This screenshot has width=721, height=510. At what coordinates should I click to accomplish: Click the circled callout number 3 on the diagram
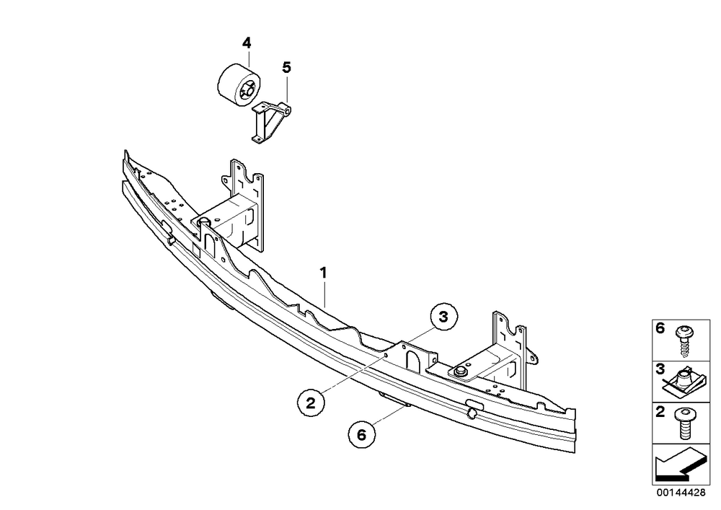(x=443, y=317)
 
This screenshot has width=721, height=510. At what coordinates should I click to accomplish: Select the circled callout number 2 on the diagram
(x=311, y=403)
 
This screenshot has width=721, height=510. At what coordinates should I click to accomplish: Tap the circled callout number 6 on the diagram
(x=361, y=434)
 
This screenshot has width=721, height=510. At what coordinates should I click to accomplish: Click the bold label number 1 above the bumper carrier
(x=324, y=273)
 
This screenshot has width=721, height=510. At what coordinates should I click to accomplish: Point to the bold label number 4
(x=247, y=43)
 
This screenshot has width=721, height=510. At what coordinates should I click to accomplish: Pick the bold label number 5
(x=286, y=68)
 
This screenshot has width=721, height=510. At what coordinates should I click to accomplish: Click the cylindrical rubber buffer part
(x=239, y=86)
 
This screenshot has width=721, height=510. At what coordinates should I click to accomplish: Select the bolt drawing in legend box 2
(x=685, y=423)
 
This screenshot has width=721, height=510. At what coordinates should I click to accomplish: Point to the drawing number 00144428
(x=681, y=493)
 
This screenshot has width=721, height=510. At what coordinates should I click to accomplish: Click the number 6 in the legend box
(x=660, y=328)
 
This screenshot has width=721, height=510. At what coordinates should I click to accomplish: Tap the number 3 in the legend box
(x=660, y=369)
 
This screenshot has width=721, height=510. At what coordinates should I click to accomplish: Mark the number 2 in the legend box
(x=660, y=412)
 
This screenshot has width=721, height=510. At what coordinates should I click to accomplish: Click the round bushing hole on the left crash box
(x=204, y=221)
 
